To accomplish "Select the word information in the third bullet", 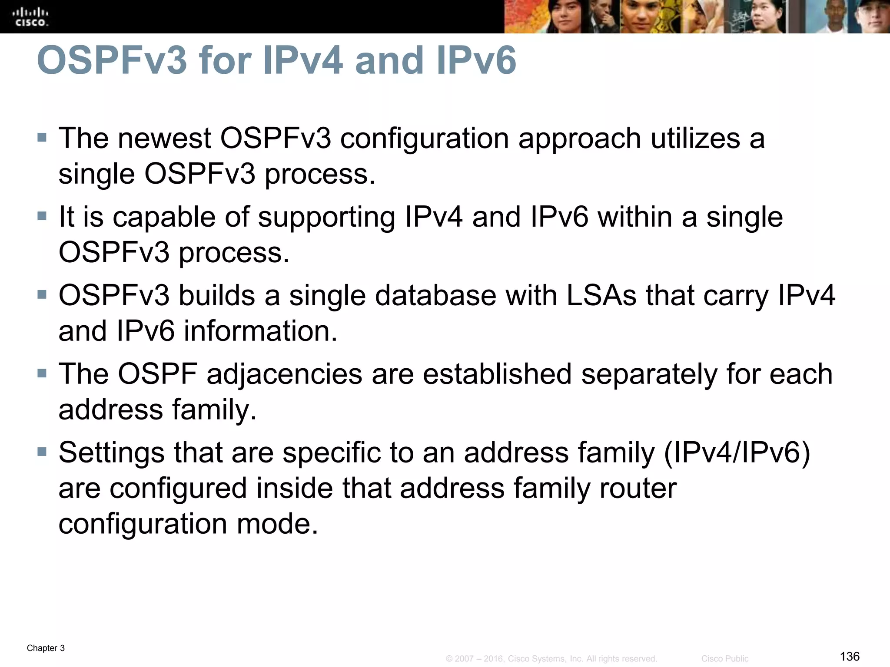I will pyautogui.click(x=260, y=331).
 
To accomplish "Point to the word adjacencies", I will pyautogui.click(x=284, y=374).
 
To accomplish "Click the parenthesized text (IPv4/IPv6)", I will pyautogui.click(x=737, y=453).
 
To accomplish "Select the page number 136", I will pyautogui.click(x=850, y=656).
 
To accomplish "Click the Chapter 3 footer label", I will pyautogui.click(x=46, y=648).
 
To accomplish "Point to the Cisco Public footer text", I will pyautogui.click(x=725, y=659).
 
